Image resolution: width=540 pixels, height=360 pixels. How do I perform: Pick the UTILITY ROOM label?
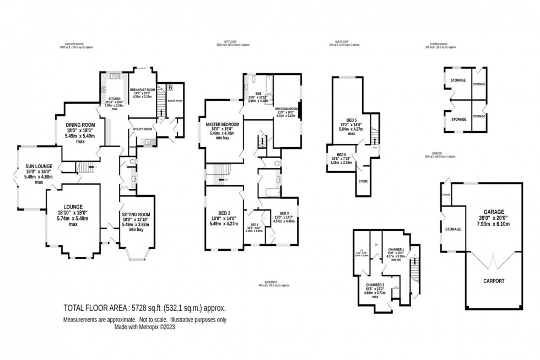(x=142, y=129)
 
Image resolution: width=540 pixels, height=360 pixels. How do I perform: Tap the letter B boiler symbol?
(x=170, y=88)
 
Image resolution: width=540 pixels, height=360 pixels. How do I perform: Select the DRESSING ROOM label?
(x=286, y=109)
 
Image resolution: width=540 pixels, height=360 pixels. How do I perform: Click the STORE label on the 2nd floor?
(x=363, y=181)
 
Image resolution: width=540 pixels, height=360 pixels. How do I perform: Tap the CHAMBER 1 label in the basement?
(x=396, y=249)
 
